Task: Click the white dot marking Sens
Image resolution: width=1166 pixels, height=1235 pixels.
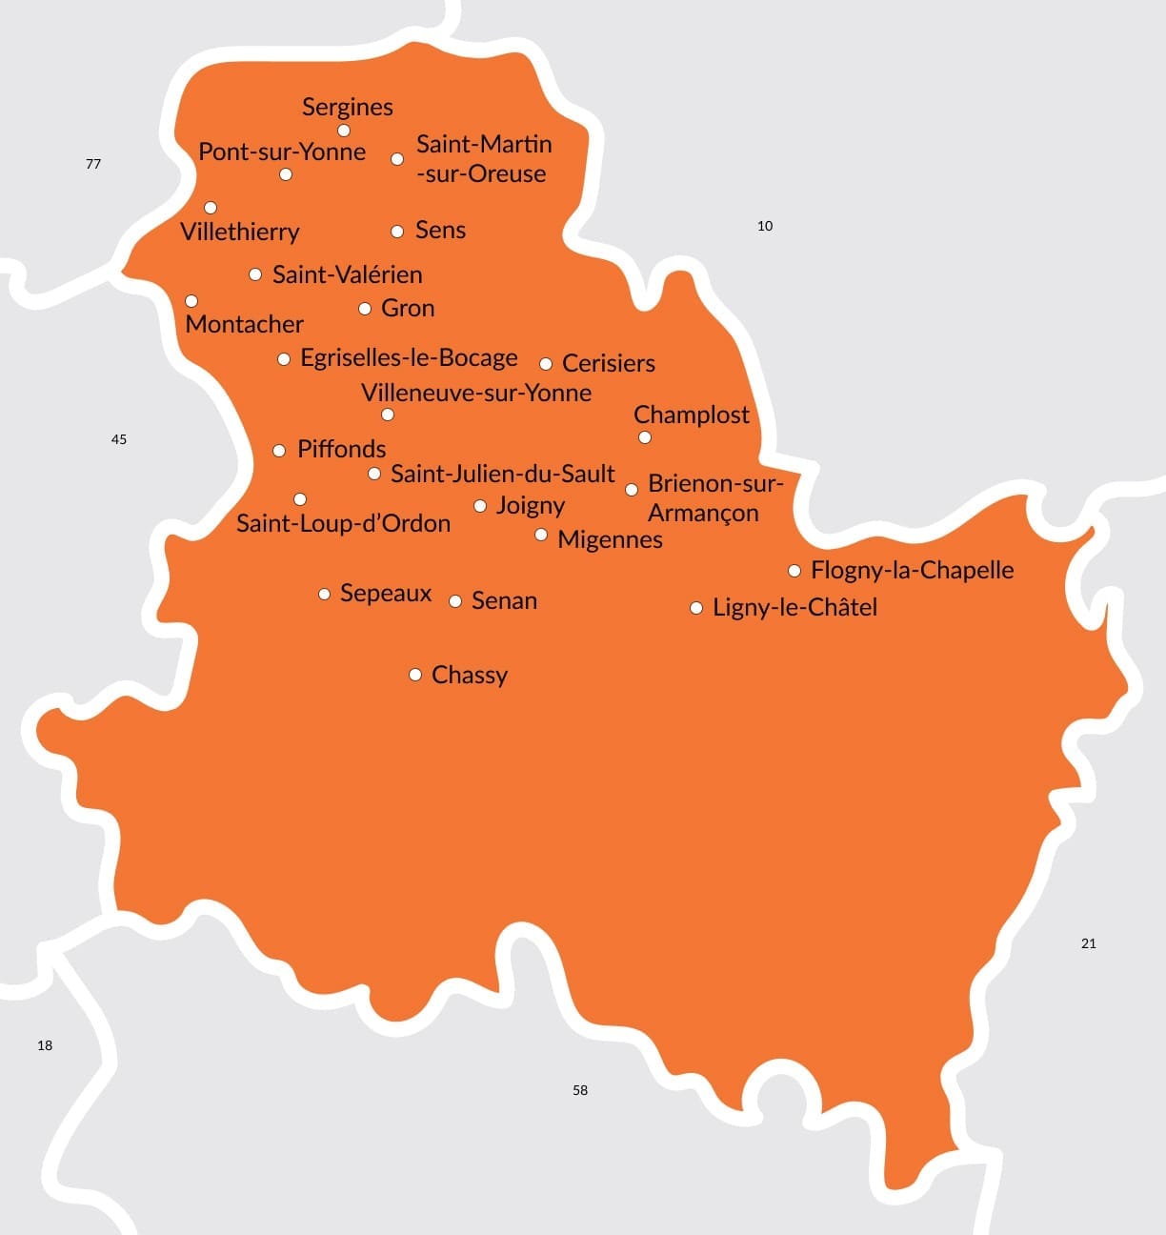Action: pyautogui.click(x=397, y=232)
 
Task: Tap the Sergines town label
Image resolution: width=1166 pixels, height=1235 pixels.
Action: pyautogui.click(x=348, y=107)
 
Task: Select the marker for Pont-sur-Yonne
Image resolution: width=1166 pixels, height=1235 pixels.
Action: pyautogui.click(x=286, y=174)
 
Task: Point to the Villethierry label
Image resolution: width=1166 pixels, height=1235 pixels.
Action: pyautogui.click(x=240, y=232)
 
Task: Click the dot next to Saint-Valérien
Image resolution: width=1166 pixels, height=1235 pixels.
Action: pyautogui.click(x=255, y=274)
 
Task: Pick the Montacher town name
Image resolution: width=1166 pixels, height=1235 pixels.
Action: pyautogui.click(x=245, y=324)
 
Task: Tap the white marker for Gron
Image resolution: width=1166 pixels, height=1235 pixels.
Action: pyautogui.click(x=365, y=309)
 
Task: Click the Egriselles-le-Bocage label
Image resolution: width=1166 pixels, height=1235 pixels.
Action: pyautogui.click(x=409, y=358)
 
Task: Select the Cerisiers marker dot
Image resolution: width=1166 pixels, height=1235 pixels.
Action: pyautogui.click(x=546, y=364)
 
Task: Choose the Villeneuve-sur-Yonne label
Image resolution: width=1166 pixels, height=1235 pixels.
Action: pyautogui.click(x=476, y=393)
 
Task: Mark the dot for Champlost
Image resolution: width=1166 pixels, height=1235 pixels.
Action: pyautogui.click(x=645, y=437)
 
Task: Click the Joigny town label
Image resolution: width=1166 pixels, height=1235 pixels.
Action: pyautogui.click(x=531, y=505)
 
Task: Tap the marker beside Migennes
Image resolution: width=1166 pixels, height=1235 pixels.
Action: pyautogui.click(x=541, y=535)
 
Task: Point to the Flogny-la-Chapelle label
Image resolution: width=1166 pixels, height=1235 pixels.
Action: pyautogui.click(x=912, y=570)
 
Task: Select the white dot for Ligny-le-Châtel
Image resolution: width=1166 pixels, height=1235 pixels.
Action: pyautogui.click(x=696, y=608)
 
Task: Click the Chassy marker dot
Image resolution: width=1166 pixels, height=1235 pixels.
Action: pyautogui.click(x=415, y=675)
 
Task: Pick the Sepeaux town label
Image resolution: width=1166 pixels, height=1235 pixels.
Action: pyautogui.click(x=386, y=593)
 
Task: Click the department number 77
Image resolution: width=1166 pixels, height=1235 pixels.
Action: pyautogui.click(x=93, y=164)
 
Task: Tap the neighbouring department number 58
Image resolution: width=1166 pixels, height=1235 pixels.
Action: pyautogui.click(x=580, y=1090)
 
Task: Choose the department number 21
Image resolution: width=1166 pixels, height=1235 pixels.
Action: pyautogui.click(x=1089, y=943)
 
